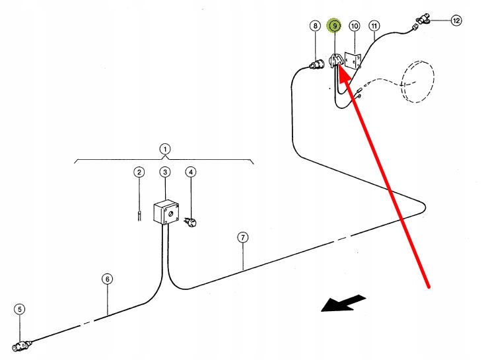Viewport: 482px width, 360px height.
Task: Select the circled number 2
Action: click(139, 172)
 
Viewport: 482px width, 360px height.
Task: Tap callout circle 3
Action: click(164, 172)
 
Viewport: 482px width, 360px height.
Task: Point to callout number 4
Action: click(191, 172)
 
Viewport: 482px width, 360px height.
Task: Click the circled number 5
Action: click(20, 308)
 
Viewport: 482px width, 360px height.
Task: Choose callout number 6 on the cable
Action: click(108, 279)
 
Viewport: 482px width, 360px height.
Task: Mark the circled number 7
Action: click(243, 238)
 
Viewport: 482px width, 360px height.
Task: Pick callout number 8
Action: click(315, 26)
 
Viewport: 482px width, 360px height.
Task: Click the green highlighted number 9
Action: click(335, 26)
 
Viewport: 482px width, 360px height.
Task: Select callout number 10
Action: click(355, 26)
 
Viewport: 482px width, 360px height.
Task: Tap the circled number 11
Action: click(374, 26)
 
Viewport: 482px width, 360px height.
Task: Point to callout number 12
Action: click(456, 20)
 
